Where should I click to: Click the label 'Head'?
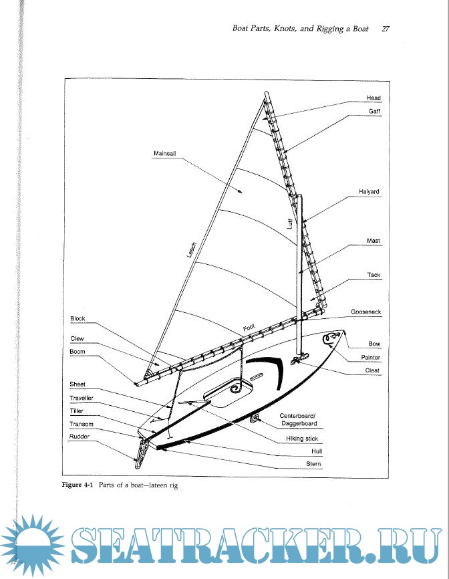click(373, 98)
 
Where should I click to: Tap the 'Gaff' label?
click(374, 111)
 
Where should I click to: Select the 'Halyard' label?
click(368, 192)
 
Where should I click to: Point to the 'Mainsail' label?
click(164, 154)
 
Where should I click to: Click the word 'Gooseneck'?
click(366, 312)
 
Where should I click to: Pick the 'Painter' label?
click(371, 358)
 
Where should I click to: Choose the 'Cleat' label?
click(372, 370)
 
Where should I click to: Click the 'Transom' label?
click(82, 424)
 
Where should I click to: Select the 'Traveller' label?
click(83, 398)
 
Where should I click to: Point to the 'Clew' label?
click(77, 339)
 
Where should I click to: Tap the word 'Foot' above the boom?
click(249, 328)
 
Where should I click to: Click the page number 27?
click(386, 29)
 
